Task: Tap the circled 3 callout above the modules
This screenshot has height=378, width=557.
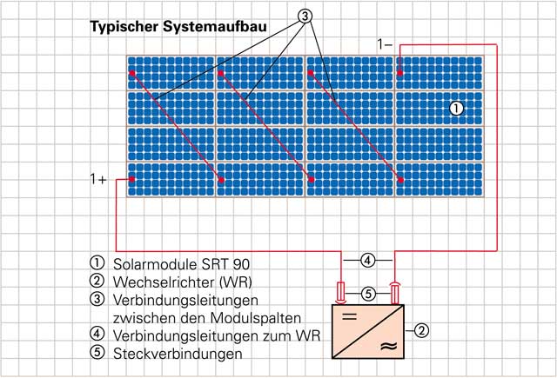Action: point(305,15)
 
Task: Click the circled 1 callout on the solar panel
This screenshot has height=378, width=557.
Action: point(457,109)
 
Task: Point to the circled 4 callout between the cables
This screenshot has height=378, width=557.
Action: point(368,260)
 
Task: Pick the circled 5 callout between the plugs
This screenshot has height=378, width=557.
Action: point(368,293)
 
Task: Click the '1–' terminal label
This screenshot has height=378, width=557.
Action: point(386,43)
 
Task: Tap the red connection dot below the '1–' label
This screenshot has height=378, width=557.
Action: point(399,73)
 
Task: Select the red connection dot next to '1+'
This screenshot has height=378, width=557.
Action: point(131,180)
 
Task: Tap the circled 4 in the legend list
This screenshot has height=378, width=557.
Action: point(97,335)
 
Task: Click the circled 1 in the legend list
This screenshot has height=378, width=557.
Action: point(97,262)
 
